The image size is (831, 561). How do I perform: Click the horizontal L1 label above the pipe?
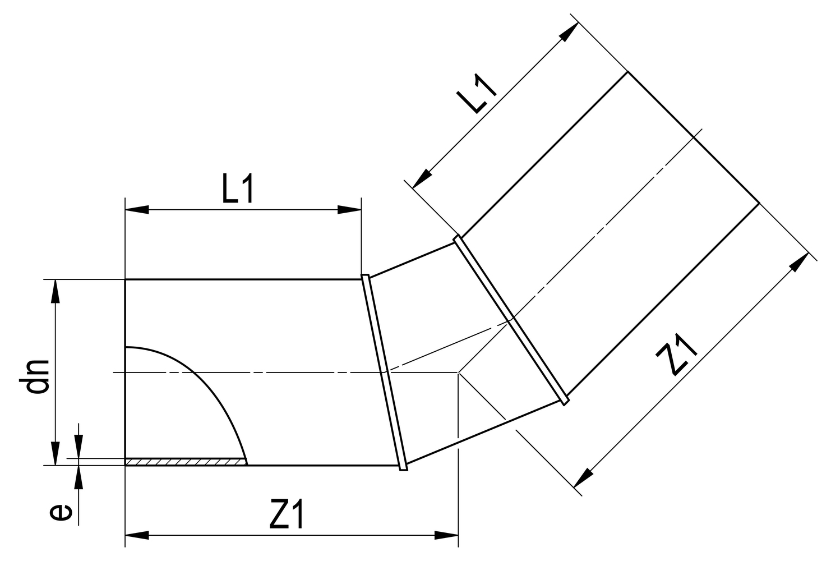pyautogui.click(x=238, y=190)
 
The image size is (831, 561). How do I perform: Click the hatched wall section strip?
pyautogui.click(x=185, y=462)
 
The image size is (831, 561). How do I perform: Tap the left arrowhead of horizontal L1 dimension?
pyautogui.click(x=137, y=210)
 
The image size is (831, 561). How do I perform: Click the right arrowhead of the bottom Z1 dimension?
pyautogui.click(x=447, y=535)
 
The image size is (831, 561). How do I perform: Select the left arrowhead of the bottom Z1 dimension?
pyautogui.click(x=137, y=535)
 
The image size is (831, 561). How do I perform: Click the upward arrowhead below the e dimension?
pyautogui.click(x=79, y=477)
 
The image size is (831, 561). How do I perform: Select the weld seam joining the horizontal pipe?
pyautogui.click(x=384, y=372)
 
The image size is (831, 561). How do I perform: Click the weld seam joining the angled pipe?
pyautogui.click(x=511, y=319)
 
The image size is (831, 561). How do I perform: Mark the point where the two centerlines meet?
pyautogui.click(x=459, y=373)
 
